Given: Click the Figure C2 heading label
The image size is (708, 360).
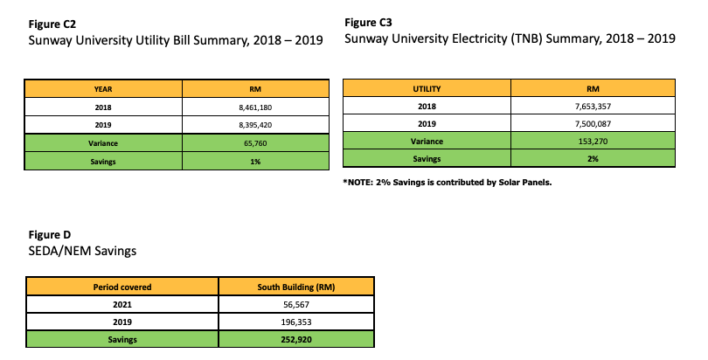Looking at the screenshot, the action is pos(52,24).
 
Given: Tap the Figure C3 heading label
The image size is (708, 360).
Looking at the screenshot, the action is pos(368,23).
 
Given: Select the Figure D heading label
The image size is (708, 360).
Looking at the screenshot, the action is pos(50,234).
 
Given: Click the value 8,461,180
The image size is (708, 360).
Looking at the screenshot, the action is pos(255,107).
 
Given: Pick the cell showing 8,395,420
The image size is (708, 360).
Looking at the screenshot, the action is pos(255,125).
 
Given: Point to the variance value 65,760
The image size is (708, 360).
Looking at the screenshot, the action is pos(255,143).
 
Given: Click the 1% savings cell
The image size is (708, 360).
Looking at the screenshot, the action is pos(255,162).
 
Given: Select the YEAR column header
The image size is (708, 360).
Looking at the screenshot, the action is pos(103,89).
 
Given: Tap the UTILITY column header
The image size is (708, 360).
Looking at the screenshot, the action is pos(427,89).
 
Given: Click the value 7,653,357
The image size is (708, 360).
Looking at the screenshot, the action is pos(593,107).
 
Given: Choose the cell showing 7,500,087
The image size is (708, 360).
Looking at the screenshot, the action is pos(593,123).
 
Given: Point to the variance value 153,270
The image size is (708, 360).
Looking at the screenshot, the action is pos(593,142).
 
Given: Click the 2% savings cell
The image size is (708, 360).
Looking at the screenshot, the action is pos(593,159).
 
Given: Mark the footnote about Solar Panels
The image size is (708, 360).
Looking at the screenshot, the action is pos(448,183).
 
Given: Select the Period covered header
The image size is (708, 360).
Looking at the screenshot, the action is pos(122,287).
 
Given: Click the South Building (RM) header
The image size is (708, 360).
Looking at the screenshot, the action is pos(296,287).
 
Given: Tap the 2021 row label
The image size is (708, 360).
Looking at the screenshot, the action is pos(122,304).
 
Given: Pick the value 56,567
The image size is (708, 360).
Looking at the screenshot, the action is pos(296,304).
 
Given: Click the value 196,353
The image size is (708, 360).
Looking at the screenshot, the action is pos(296,322).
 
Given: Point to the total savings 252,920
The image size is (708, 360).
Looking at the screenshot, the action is pos(296,340).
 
